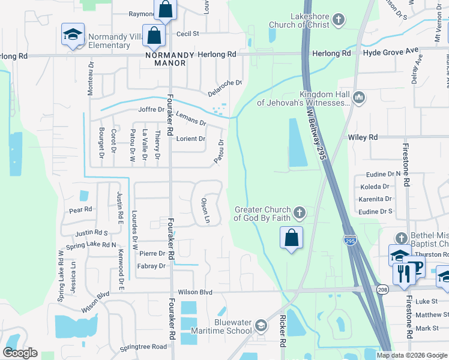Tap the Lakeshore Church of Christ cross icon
(x=339, y=20)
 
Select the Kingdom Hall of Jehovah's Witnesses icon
(x=359, y=97)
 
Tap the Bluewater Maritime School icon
(x=261, y=326)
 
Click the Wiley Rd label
(x=363, y=137)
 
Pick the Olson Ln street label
(x=205, y=210)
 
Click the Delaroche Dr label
(x=224, y=88)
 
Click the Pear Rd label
(x=80, y=210)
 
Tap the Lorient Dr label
(x=190, y=139)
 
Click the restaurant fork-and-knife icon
(x=402, y=274)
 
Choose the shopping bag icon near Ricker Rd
(x=291, y=237)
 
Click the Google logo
(x=20, y=353)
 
